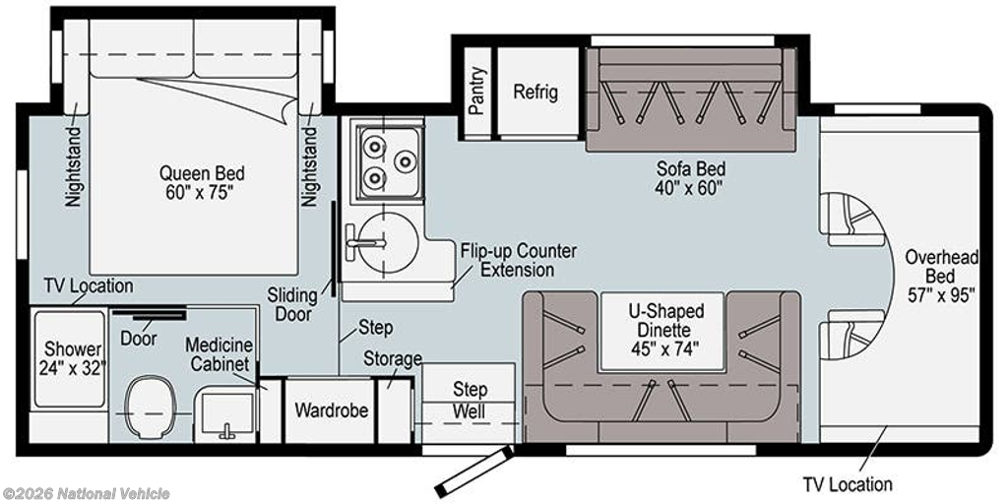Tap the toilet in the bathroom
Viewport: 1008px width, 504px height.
(151, 407)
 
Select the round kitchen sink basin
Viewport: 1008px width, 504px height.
(388, 244)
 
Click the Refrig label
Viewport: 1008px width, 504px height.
(535, 92)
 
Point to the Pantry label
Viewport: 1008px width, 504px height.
(476, 92)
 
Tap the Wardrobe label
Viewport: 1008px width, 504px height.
(331, 409)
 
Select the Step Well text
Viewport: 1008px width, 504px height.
(470, 400)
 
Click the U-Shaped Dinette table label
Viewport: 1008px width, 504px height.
(665, 330)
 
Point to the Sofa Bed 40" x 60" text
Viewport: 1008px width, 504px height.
(690, 178)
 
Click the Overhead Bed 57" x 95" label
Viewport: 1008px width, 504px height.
(941, 276)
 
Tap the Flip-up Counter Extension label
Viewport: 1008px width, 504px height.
(518, 260)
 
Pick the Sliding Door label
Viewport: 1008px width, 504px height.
(293, 305)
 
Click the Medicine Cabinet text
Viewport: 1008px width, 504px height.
(219, 354)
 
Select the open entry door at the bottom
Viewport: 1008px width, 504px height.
(473, 472)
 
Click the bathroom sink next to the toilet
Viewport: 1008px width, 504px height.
(227, 414)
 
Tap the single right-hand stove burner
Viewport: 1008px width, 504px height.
(404, 162)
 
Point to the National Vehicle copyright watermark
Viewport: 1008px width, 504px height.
(87, 494)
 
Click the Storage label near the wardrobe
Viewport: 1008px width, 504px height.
(393, 358)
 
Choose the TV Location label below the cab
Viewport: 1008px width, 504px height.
(848, 483)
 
